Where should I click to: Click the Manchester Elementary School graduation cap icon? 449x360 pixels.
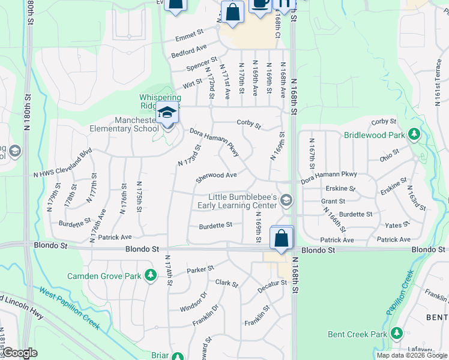point(167,113)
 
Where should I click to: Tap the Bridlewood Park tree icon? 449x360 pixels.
point(414,134)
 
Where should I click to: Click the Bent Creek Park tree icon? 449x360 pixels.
point(396,333)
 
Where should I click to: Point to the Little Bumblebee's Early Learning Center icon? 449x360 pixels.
point(286,201)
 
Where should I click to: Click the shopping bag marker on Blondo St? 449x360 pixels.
point(281,238)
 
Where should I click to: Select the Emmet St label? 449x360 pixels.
point(190,37)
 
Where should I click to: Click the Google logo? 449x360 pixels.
point(20,353)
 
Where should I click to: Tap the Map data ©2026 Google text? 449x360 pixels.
point(412,355)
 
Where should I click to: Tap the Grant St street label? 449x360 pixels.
point(333,202)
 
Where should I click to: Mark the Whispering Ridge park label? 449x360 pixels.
point(160,101)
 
